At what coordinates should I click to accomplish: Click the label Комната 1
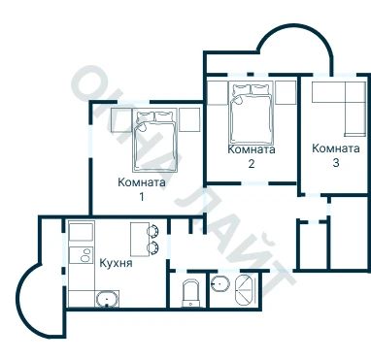tap(142, 189)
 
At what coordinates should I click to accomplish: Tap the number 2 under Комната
tap(252, 164)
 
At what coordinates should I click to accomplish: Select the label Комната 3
tap(336, 155)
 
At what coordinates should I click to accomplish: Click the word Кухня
tap(116, 263)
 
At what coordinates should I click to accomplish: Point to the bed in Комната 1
tap(155, 140)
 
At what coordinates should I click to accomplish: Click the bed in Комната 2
tap(251, 113)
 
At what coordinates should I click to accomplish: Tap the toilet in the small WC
tap(191, 293)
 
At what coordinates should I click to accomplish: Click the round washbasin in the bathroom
tap(220, 284)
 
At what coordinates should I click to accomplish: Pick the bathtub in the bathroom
tap(245, 290)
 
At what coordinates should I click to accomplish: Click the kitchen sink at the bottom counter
tap(107, 299)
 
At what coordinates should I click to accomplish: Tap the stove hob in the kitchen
tap(82, 255)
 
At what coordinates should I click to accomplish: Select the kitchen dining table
tap(140, 240)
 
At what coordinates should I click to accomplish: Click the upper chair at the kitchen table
tap(152, 231)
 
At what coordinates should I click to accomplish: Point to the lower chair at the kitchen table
tap(152, 248)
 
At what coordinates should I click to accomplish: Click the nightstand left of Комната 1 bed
tap(121, 120)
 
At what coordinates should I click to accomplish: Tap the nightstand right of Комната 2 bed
tap(286, 92)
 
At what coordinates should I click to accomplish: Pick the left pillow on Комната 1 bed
tap(146, 116)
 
